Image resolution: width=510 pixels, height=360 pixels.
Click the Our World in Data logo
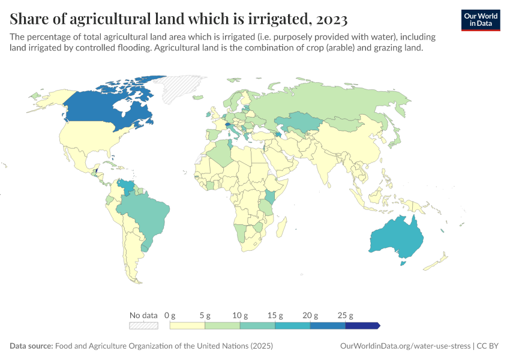(x=481, y=20)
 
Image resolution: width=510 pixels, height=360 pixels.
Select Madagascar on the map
(x=280, y=229)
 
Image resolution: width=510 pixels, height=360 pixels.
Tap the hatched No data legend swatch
(x=143, y=326)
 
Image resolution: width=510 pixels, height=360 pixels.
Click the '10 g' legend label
(x=240, y=315)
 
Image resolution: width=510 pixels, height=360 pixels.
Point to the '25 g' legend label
(x=346, y=315)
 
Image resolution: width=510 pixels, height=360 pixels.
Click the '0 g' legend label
(x=170, y=315)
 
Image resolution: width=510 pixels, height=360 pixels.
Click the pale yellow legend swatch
(x=187, y=326)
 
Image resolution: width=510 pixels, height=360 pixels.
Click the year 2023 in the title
(x=329, y=19)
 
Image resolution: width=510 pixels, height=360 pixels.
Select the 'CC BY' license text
(x=489, y=346)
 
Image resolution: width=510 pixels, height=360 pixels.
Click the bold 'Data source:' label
(x=31, y=346)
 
